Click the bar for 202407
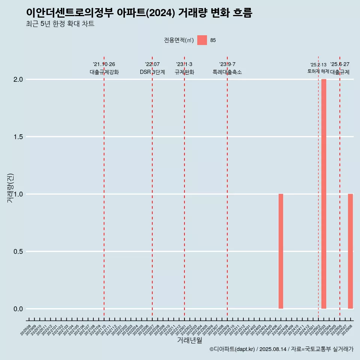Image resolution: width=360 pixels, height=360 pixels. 280,251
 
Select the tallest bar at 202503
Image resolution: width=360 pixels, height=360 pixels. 324,194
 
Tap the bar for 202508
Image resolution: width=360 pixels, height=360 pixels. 350,251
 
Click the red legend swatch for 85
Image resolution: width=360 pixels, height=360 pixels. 202,40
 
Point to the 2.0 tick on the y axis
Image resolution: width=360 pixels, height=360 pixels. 18,79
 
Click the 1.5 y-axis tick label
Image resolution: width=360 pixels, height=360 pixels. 18,137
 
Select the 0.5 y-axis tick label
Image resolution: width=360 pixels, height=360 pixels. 18,252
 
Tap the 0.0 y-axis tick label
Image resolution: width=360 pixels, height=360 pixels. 18,309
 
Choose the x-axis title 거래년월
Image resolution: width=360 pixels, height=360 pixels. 189,340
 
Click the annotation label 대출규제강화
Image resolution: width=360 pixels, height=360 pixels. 104,72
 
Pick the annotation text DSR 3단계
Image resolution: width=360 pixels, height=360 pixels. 152,72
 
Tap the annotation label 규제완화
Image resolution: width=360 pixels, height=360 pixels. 184,72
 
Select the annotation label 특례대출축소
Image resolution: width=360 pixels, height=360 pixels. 227,72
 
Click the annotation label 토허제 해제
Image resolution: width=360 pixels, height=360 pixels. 318,71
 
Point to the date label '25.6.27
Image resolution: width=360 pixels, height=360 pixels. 340,64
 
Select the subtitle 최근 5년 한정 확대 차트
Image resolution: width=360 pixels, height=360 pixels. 60,24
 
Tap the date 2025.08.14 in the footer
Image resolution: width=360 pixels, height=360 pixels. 273,349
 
